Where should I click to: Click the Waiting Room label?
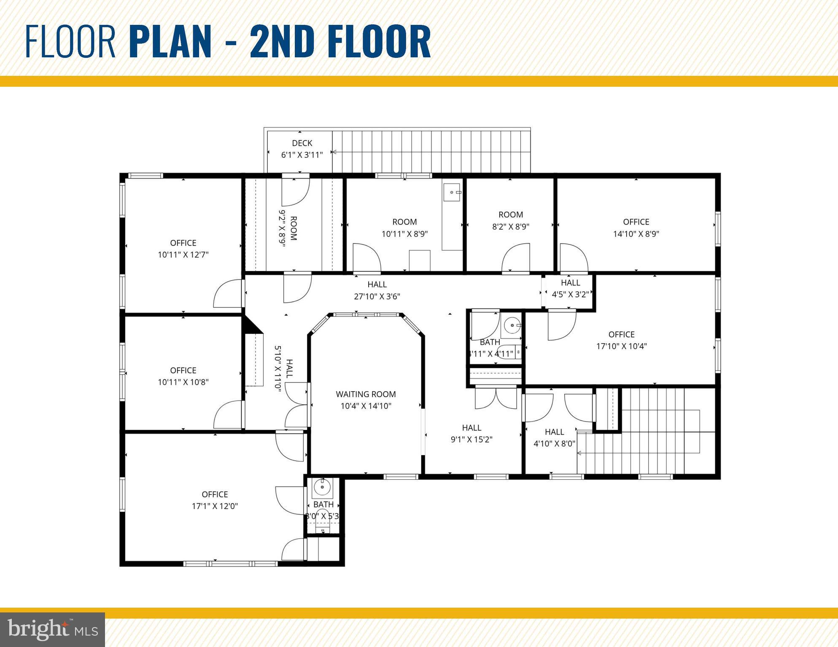[366, 394]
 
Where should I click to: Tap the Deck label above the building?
[302, 143]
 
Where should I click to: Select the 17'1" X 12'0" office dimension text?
[215, 506]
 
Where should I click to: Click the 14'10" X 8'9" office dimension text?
[636, 234]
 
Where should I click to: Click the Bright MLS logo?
[52, 630]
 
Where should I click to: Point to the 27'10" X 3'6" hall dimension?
[377, 296]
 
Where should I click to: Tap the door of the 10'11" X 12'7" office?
[228, 294]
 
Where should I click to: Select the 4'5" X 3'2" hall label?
[570, 289]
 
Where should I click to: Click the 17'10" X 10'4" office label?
[621, 340]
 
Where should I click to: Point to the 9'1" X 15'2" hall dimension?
[472, 439]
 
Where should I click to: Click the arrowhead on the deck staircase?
[333, 152]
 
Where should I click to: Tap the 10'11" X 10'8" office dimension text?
[183, 382]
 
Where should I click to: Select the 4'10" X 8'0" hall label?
[554, 438]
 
